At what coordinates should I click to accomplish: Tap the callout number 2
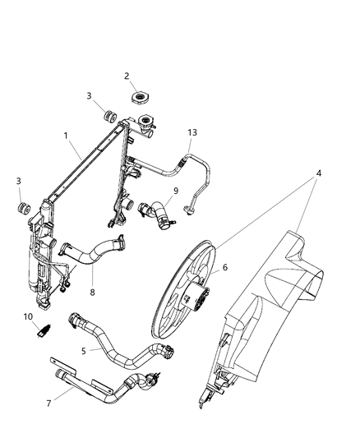pos(127,76)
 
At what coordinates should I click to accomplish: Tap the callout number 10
pos(28,316)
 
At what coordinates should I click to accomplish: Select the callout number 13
pos(192,132)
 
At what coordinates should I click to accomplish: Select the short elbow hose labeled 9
pos(154,214)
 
